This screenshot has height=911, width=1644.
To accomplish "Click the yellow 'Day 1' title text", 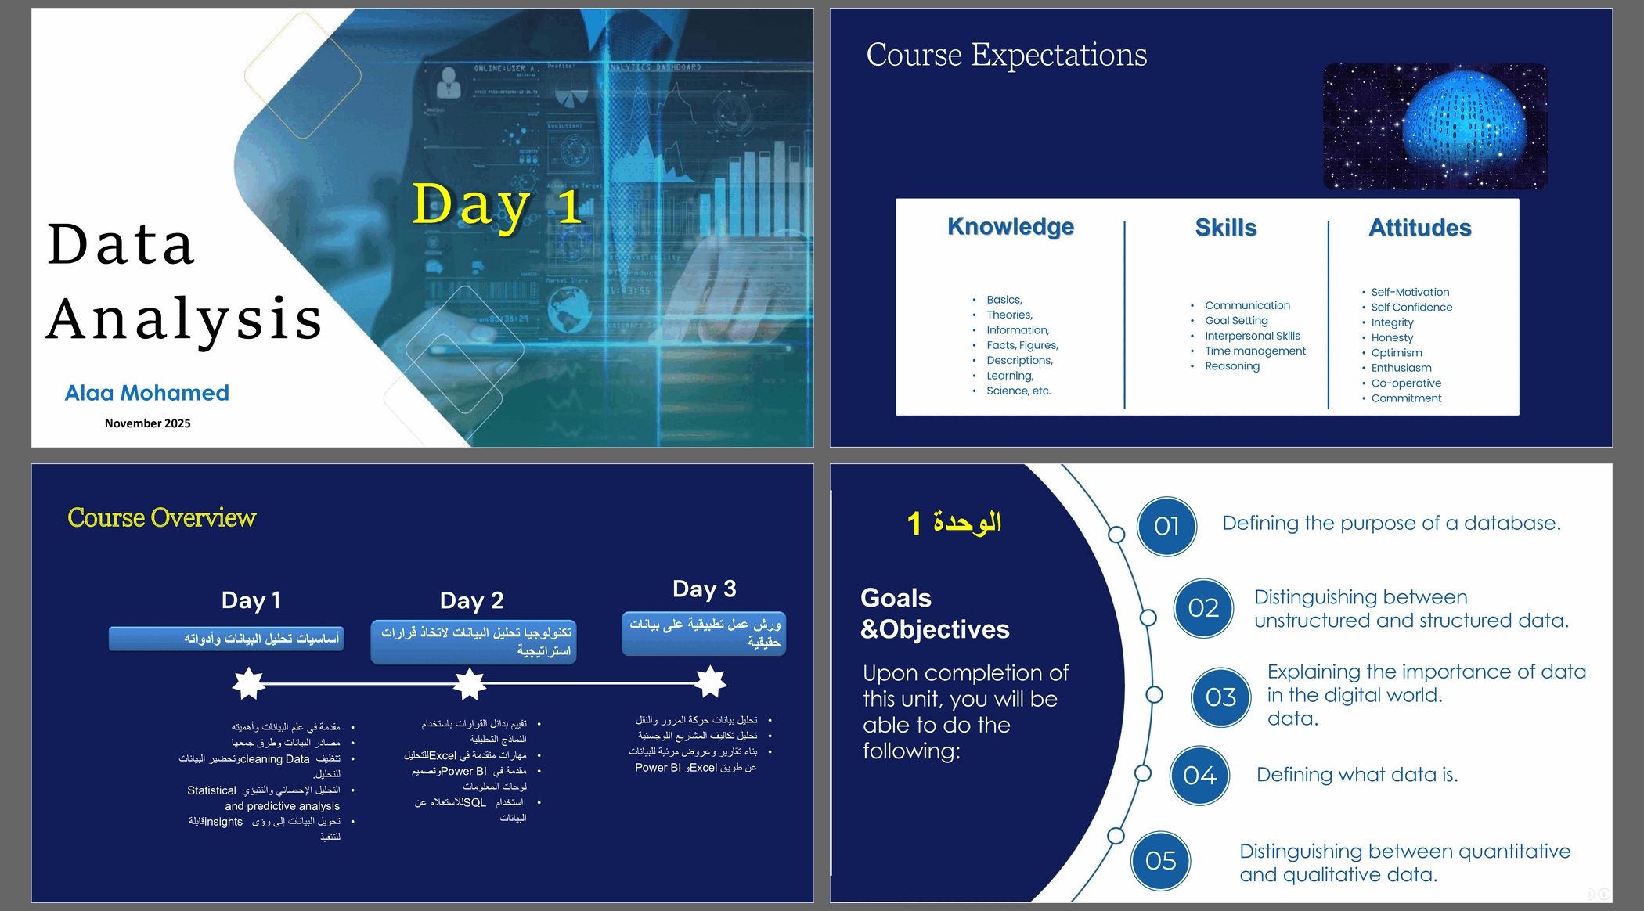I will (x=496, y=205).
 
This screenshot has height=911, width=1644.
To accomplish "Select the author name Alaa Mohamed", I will (x=147, y=393).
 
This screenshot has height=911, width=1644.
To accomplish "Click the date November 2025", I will (x=147, y=423).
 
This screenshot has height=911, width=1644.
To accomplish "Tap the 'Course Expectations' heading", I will (x=1006, y=55).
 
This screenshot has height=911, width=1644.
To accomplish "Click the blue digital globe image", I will (x=1434, y=127).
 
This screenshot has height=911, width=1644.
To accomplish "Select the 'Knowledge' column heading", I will (x=1010, y=226).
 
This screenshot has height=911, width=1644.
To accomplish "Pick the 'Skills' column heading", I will (x=1225, y=228).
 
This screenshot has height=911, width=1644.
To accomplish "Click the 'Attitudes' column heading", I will (x=1419, y=228).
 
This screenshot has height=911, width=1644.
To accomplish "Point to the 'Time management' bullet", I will (x=1255, y=351).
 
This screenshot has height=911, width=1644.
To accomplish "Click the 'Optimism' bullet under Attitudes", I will (x=1397, y=353).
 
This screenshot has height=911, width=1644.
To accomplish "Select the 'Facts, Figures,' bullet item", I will (x=1022, y=345).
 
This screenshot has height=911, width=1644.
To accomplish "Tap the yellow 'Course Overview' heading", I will (x=161, y=517).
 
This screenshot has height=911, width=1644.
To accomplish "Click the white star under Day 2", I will (x=470, y=684).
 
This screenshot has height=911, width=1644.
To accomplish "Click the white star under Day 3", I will (x=710, y=682).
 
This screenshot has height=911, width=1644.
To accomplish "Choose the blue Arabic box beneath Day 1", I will (x=226, y=639).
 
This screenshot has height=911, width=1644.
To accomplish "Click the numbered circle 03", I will (x=1220, y=697).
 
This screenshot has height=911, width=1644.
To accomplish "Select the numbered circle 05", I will (x=1160, y=861).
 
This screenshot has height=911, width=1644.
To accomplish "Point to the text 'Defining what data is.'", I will (x=1357, y=775).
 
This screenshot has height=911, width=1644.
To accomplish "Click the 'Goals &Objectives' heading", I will (x=934, y=614).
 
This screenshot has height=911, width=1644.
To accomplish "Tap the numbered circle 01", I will (x=1166, y=526).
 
